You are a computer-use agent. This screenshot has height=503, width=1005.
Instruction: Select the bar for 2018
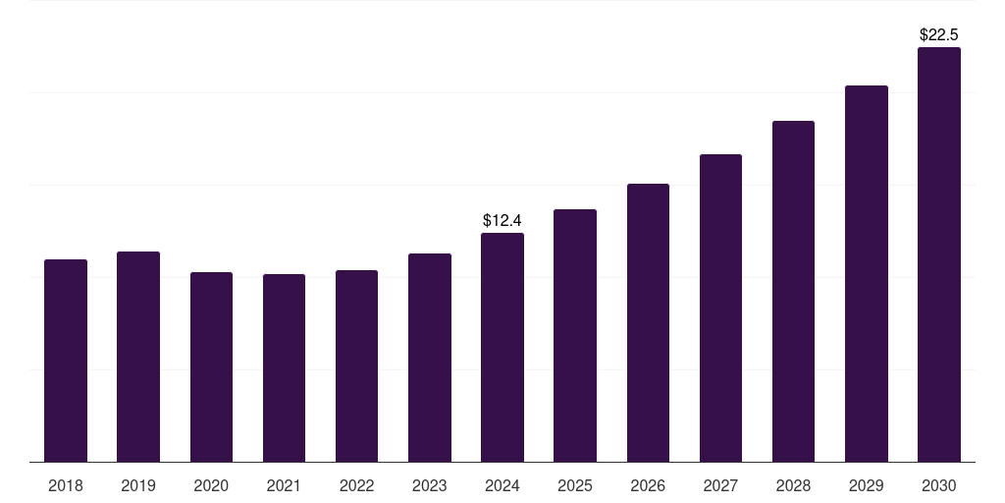(x=66, y=361)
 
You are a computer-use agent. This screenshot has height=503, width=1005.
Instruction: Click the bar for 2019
(x=138, y=357)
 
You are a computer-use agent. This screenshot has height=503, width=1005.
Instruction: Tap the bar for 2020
(x=211, y=366)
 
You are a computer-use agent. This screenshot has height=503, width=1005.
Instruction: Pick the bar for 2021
(x=284, y=367)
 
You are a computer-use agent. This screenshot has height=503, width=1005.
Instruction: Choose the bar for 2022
(x=356, y=365)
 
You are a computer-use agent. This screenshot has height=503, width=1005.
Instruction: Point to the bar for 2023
(x=430, y=358)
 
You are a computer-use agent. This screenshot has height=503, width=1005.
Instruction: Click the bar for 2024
(x=502, y=347)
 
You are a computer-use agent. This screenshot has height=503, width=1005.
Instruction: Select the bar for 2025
(x=575, y=335)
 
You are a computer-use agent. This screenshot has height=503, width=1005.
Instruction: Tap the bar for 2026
(x=648, y=322)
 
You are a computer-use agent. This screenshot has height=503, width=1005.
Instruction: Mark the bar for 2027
(x=720, y=307)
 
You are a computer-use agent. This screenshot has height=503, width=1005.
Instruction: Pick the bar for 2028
(x=793, y=291)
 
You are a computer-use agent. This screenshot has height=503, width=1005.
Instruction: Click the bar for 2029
(x=867, y=273)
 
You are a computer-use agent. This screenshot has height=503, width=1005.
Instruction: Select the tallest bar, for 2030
(x=939, y=254)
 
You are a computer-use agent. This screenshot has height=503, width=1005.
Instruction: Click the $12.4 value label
(x=502, y=221)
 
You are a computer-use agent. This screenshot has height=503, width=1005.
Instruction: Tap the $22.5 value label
(x=939, y=34)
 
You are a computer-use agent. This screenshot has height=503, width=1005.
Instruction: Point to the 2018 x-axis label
(x=66, y=485)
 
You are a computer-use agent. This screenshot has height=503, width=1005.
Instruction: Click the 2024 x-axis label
(x=502, y=485)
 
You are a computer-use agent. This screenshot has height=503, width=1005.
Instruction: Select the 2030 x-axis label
(x=939, y=485)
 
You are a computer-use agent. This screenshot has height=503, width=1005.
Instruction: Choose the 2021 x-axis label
(x=284, y=485)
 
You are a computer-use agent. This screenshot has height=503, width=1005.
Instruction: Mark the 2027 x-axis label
(x=720, y=485)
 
